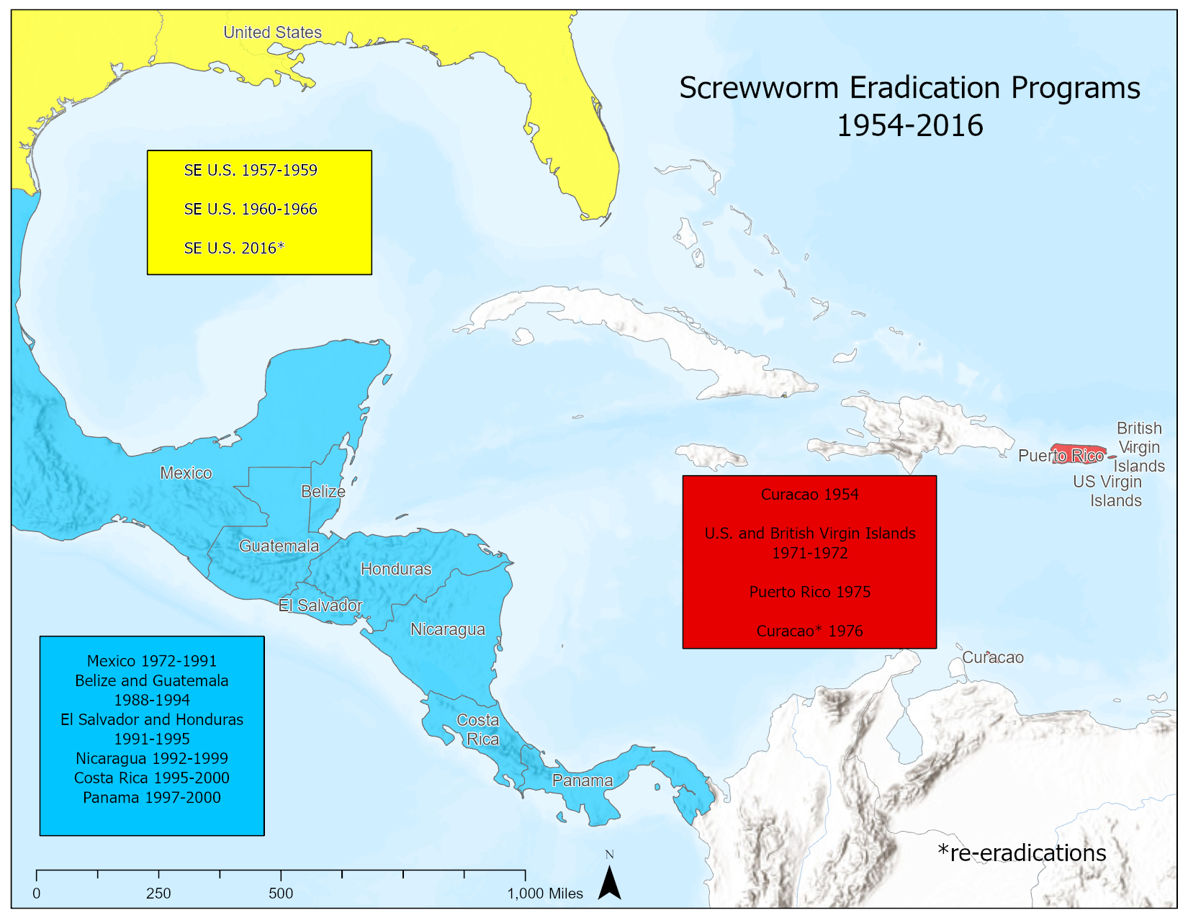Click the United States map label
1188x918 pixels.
coord(272,32)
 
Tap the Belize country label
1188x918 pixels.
coord(323,492)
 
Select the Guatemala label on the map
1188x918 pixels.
coord(279,546)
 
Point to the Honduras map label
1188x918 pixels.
coord(395,570)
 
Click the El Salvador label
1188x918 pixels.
coord(320,606)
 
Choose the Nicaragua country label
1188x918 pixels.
coord(447,630)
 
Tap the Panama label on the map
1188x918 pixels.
coord(582,780)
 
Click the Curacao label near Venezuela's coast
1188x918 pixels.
coord(992,657)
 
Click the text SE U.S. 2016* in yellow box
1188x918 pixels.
coord(234,248)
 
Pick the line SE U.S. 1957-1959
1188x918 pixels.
coord(251,171)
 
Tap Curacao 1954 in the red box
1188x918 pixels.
coord(809,495)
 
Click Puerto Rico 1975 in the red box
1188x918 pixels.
coord(809,592)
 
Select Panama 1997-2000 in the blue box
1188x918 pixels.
coord(152,798)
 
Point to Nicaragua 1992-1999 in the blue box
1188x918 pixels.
coord(152,759)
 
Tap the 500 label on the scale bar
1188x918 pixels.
coord(281,894)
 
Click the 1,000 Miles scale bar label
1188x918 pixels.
coord(545,894)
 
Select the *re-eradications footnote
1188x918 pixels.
coord(1022,853)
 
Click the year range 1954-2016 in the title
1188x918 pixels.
coord(909,126)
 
